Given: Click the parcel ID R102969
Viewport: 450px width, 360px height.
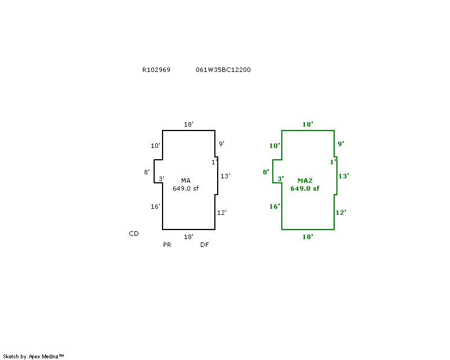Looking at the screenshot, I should [x=156, y=70].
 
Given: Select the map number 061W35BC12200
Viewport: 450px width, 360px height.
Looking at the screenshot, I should [x=223, y=70].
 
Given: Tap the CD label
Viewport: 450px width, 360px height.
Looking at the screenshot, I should [x=134, y=233].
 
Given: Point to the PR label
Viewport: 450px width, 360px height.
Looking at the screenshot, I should [x=167, y=245].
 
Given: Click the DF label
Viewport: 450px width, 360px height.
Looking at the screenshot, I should [x=205, y=245].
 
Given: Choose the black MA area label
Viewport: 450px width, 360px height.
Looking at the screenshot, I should [x=186, y=181].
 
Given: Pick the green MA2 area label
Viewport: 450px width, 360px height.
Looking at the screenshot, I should [x=305, y=181].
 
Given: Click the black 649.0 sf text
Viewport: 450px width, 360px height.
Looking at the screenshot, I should [x=186, y=188].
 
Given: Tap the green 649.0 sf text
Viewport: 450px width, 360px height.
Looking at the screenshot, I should [x=305, y=188].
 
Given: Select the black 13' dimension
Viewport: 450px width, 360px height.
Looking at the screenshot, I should [x=225, y=176].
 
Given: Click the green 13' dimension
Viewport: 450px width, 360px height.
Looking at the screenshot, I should [x=343, y=176].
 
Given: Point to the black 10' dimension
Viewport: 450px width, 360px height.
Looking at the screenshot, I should [x=156, y=146].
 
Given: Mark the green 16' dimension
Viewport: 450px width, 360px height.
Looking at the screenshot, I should [x=274, y=206].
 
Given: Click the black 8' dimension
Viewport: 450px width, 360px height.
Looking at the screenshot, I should [x=147, y=172].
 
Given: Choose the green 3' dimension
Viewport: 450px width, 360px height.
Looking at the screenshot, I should [x=280, y=179].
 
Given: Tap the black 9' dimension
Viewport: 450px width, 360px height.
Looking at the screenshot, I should [x=222, y=144].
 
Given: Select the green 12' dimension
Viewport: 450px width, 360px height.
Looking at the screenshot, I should [x=340, y=213].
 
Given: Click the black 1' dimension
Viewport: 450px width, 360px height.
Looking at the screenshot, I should [x=214, y=162].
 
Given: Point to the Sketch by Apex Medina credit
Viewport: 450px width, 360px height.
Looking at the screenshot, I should [x=34, y=356].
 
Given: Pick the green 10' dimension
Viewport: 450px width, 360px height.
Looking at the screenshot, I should [x=274, y=146].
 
